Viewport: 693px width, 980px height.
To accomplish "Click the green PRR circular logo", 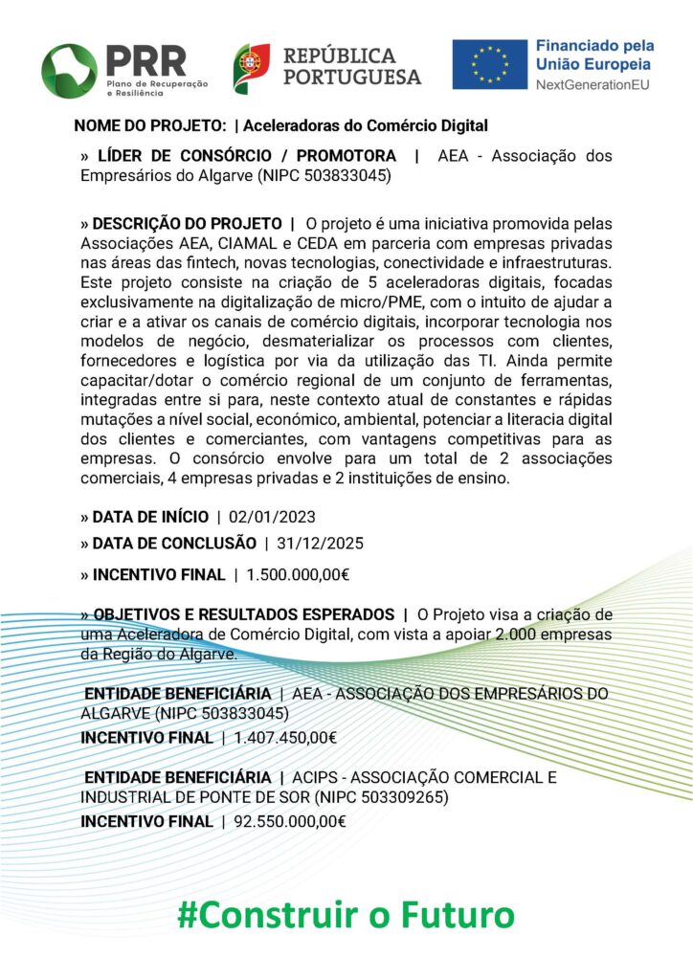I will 69,70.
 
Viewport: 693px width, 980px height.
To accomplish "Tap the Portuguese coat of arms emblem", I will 252,68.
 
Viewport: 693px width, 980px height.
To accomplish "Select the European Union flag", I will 490,65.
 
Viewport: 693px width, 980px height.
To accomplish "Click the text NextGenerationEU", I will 594,85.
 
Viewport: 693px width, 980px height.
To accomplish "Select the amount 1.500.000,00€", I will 298,575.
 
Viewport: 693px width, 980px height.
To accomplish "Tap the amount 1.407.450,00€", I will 285,738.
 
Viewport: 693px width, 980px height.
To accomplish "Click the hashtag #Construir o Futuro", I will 346,914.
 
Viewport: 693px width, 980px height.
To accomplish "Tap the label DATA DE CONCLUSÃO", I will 174,544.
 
